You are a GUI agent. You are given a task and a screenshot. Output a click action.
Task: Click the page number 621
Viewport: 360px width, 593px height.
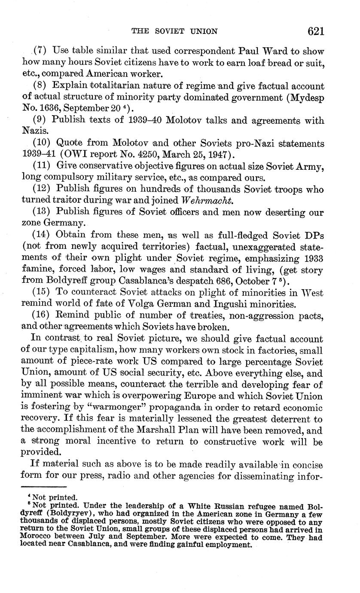coord(315,31)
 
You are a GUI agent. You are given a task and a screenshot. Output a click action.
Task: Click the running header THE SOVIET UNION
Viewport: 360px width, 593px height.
coord(174,31)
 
